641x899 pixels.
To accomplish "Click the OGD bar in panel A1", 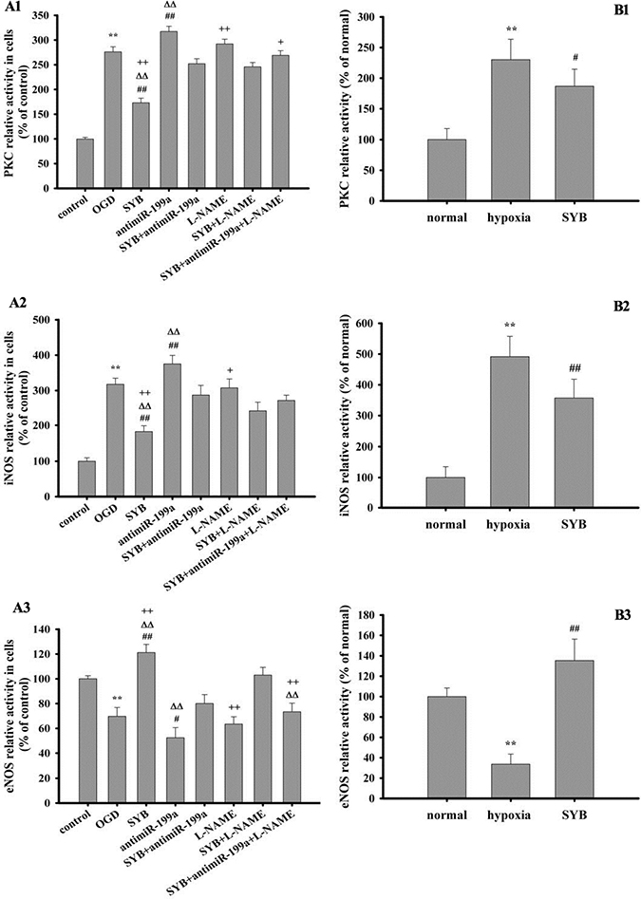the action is click(112, 120).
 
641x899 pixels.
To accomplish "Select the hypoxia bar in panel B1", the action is click(510, 130).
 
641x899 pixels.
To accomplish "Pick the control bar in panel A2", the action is click(86, 478).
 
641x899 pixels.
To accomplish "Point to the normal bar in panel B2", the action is click(445, 493).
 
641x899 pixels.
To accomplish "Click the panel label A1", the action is click(12, 7).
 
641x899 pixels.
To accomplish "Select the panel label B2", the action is click(622, 308).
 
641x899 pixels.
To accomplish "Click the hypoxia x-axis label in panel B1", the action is click(510, 218).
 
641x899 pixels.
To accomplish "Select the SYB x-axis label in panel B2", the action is click(574, 525).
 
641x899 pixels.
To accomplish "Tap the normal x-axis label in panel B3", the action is click(445, 815).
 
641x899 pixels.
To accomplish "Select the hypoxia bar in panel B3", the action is click(510, 781).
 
